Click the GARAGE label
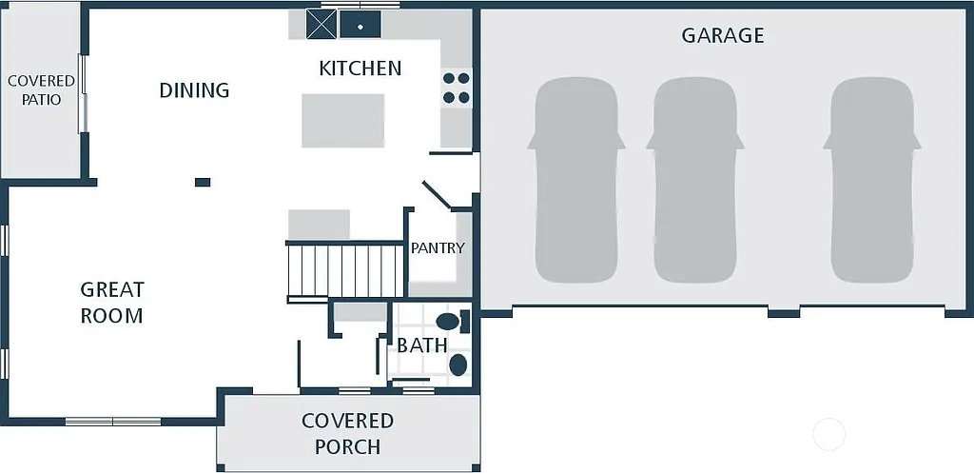point(723,36)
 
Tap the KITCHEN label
point(360,69)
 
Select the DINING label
point(194,90)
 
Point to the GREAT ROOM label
point(111,303)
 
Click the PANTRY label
point(438,248)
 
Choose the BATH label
point(421,345)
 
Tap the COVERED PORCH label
point(347,433)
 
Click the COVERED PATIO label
point(41,90)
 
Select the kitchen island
point(342,120)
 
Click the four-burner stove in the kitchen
point(457,89)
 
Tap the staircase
point(345,271)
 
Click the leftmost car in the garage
point(576,181)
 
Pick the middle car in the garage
point(695,181)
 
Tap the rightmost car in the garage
point(872,181)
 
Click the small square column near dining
point(202,182)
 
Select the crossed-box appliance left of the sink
point(321,25)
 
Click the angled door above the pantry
point(438,195)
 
